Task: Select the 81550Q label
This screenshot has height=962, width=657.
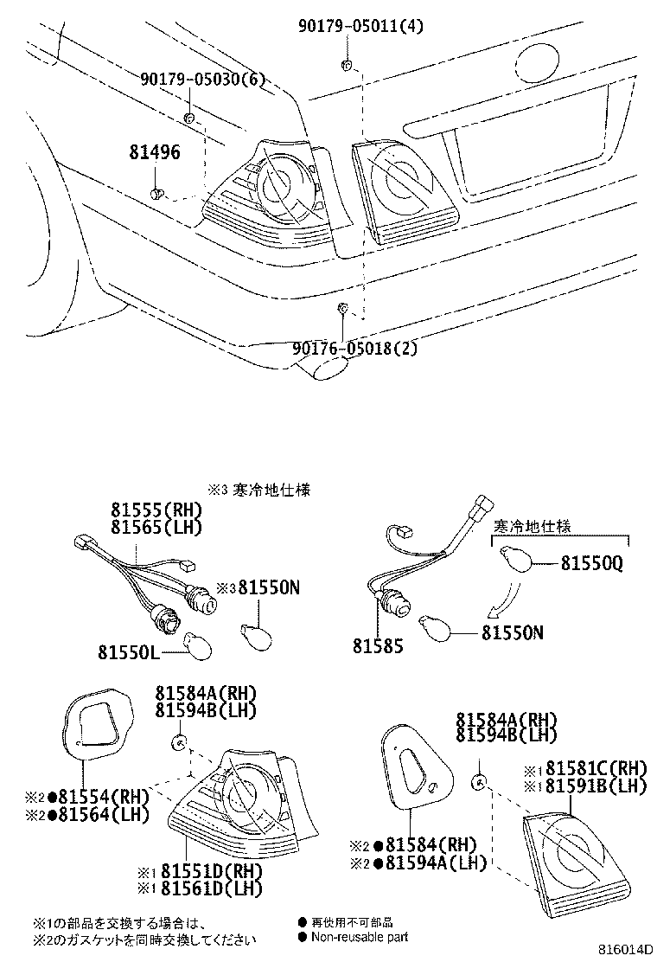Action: (x=591, y=563)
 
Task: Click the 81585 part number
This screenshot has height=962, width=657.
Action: (x=378, y=645)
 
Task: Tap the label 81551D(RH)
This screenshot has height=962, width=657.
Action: (x=195, y=873)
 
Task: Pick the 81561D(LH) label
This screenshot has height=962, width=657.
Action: (x=195, y=888)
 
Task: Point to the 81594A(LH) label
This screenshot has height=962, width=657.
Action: (x=425, y=862)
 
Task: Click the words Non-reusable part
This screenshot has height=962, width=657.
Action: (x=360, y=938)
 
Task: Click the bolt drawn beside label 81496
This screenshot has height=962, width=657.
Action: (x=156, y=193)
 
